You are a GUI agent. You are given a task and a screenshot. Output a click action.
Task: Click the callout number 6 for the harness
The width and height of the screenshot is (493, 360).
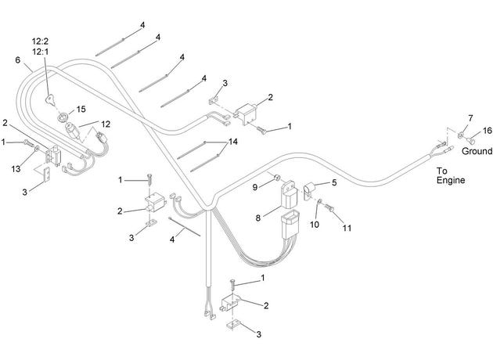tap(17, 59)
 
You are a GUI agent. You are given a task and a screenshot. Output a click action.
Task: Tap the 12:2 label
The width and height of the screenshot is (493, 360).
tap(40, 41)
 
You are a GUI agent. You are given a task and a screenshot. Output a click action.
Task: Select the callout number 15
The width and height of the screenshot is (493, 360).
tap(81, 109)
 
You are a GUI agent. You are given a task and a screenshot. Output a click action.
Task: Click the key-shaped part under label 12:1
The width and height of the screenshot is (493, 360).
tap(50, 99)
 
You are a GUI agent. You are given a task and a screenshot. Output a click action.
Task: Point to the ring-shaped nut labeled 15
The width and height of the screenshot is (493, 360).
tap(63, 117)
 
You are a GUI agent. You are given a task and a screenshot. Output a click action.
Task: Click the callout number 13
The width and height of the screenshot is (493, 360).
tap(16, 169)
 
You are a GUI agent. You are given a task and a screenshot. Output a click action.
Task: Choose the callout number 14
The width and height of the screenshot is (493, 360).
tap(233, 142)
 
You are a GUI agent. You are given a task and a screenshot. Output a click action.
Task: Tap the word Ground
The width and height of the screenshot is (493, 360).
tap(477, 151)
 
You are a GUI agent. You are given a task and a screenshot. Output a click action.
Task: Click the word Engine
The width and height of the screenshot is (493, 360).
tap(451, 180)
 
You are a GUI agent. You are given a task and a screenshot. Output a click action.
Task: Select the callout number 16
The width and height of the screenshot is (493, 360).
tap(487, 130)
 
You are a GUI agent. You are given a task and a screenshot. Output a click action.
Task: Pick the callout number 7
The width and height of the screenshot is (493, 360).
tap(470, 118)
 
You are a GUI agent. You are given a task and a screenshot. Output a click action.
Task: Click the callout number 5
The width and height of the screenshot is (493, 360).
tap(334, 182)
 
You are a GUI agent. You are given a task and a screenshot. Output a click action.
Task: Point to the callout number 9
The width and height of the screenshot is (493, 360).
tap(255, 187)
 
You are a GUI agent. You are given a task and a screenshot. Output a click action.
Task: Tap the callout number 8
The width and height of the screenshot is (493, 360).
tap(257, 218)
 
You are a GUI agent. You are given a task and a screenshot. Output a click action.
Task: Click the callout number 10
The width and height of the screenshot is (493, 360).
tap(315, 225)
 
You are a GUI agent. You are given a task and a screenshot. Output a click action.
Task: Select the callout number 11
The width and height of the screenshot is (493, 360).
tap(347, 228)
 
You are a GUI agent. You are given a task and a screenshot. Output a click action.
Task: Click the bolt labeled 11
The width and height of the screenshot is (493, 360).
tap(329, 207)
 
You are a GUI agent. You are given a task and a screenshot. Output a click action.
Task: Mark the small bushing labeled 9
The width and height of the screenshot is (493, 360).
tap(277, 178)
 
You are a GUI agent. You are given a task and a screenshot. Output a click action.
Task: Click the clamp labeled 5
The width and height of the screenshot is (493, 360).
tap(308, 190)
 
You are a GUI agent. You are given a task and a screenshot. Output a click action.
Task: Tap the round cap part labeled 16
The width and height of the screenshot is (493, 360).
tap(471, 139)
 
